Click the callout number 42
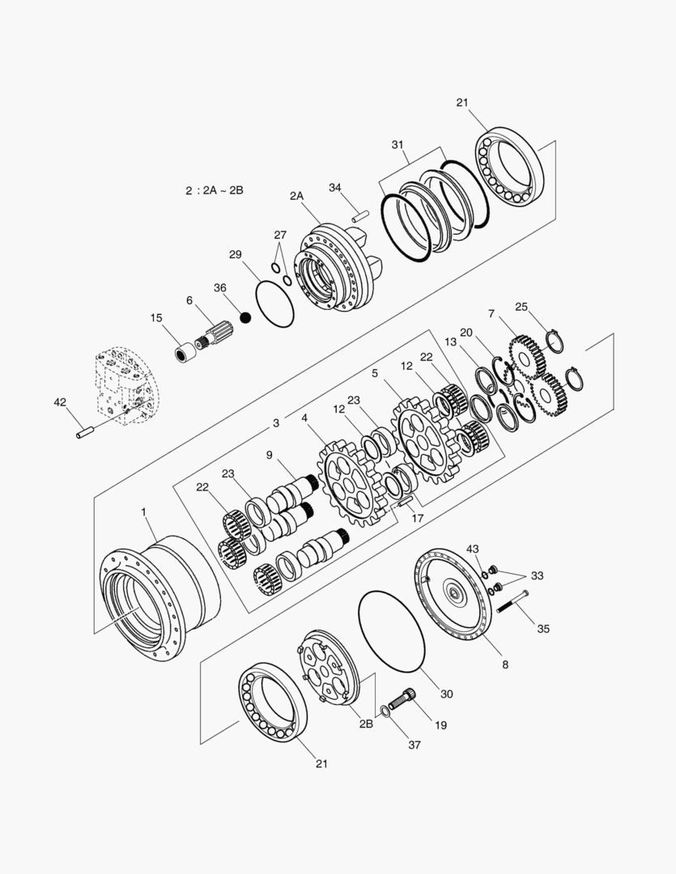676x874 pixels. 60,402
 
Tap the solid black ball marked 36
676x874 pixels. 245,316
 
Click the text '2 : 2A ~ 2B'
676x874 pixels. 214,190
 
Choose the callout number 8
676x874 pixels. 504,664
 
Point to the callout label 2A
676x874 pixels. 296,196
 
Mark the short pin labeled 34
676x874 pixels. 360,216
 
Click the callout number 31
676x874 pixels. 398,144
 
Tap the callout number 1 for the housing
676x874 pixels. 144,511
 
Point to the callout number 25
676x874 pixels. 521,307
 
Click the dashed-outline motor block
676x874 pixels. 125,385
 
